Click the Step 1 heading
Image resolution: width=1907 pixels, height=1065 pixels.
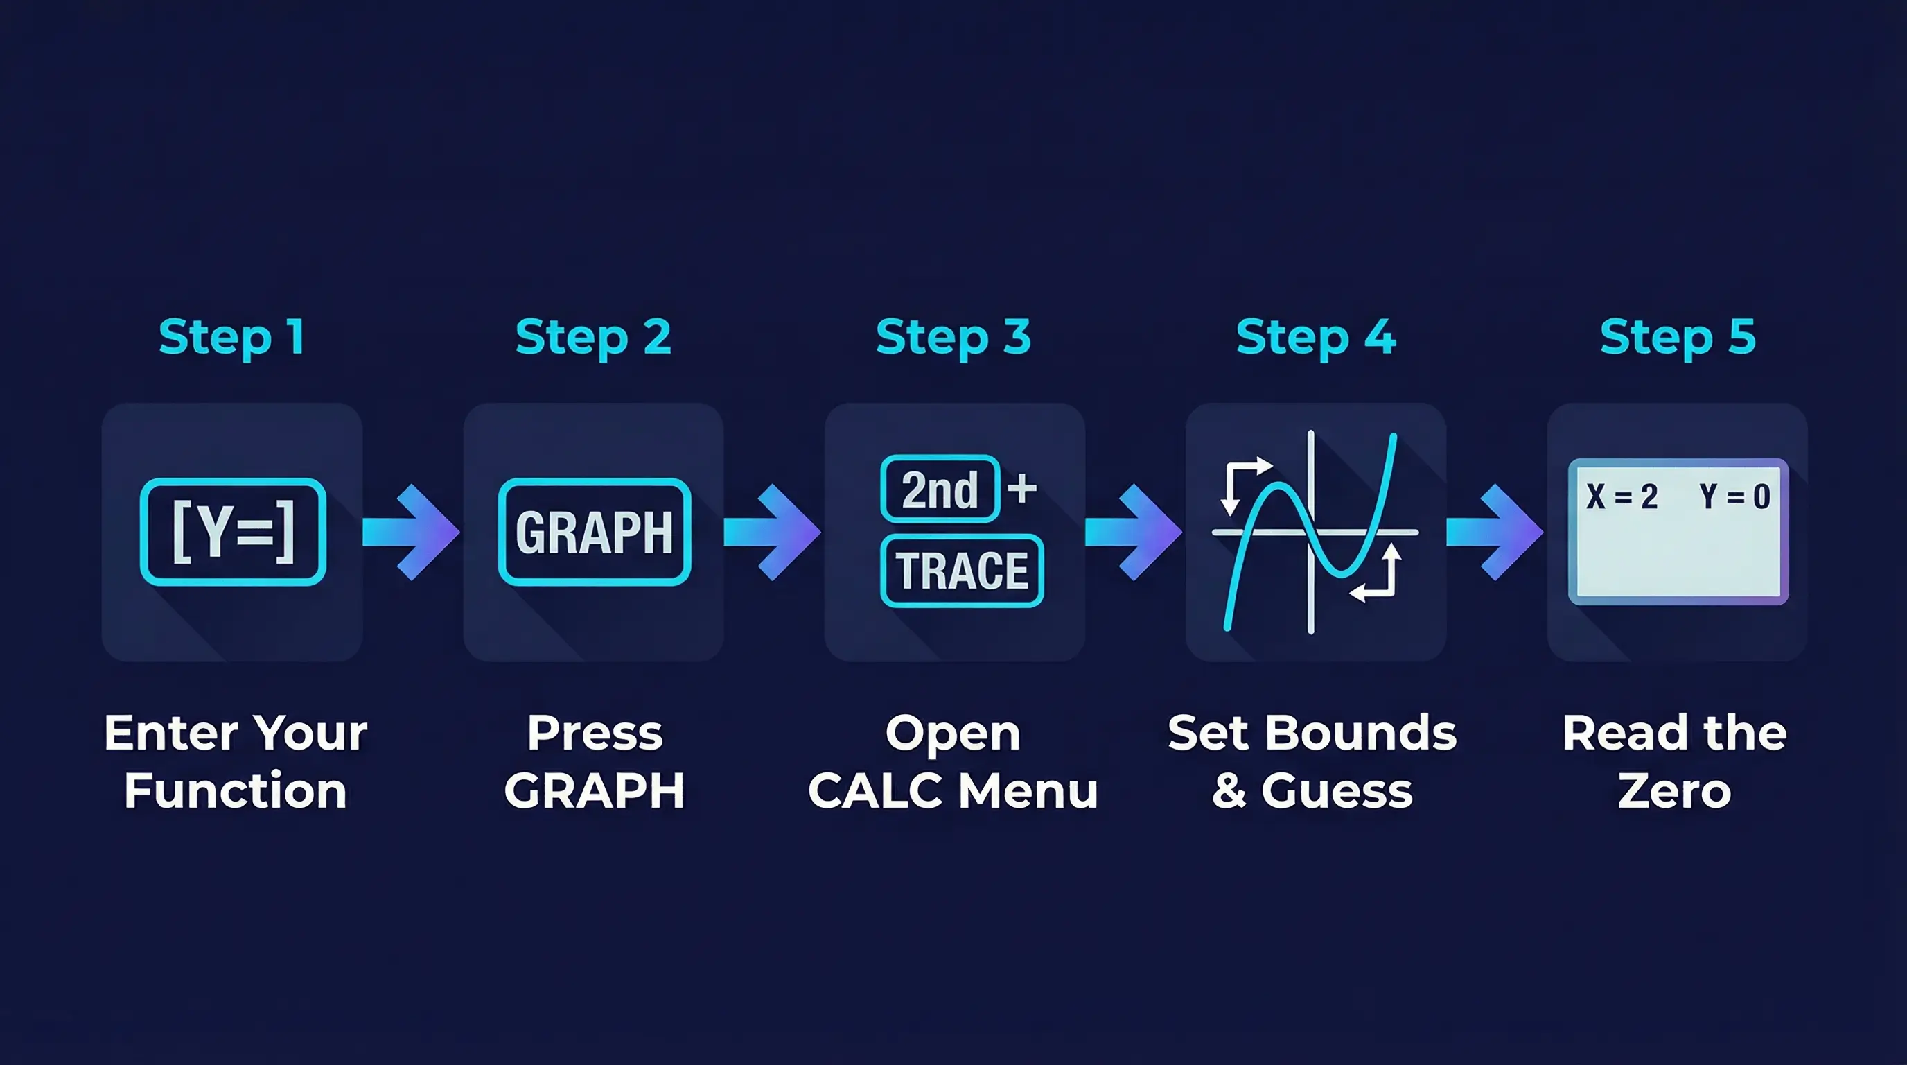click(231, 337)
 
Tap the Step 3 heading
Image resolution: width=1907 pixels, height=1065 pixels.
click(953, 337)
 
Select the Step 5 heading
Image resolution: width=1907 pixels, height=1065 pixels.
click(1678, 337)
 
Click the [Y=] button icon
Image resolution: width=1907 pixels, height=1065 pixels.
click(234, 532)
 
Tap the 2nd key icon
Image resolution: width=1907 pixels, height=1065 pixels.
click(940, 490)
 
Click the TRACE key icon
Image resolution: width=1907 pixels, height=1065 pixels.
click(962, 570)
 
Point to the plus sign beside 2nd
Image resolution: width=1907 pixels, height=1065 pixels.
click(1022, 489)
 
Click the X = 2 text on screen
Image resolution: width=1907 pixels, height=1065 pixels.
click(1622, 496)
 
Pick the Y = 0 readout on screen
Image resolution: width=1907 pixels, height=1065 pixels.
click(1734, 496)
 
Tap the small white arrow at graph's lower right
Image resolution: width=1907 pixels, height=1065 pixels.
click(1378, 575)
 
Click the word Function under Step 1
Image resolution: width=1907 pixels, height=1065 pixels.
click(236, 790)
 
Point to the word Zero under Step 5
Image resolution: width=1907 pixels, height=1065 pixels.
click(1675, 790)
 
